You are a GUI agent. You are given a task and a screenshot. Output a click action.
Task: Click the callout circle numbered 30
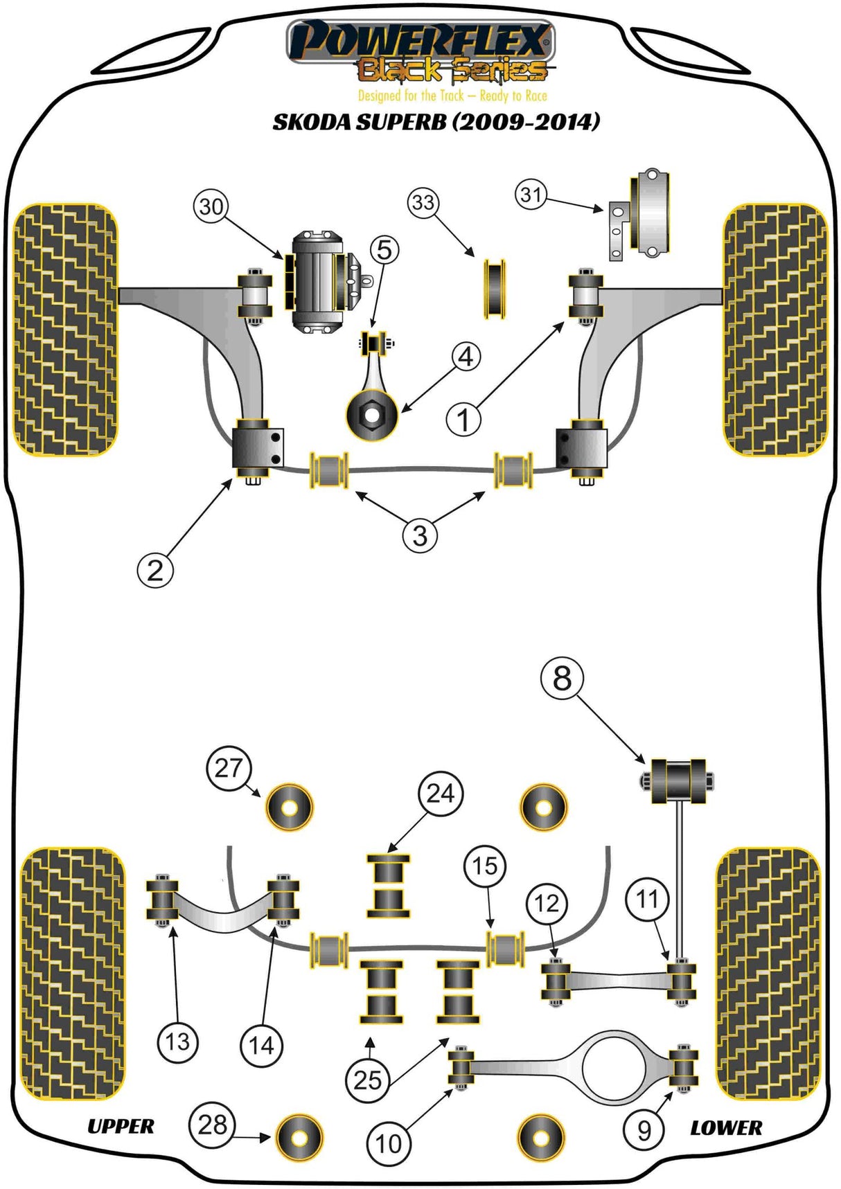tap(211, 206)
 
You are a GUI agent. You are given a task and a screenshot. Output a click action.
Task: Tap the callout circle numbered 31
tap(531, 195)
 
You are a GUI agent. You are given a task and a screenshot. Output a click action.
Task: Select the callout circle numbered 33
tap(423, 203)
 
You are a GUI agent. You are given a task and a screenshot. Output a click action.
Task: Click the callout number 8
tap(562, 678)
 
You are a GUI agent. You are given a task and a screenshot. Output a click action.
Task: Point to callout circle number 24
tap(441, 793)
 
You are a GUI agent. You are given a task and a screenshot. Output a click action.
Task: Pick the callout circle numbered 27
tap(228, 768)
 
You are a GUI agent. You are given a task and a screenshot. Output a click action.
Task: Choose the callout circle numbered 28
tap(212, 1125)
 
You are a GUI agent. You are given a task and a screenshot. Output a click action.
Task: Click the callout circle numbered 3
tap(420, 535)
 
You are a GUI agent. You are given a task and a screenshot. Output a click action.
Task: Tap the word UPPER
tap(121, 1127)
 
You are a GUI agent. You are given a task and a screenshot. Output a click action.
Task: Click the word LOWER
tap(725, 1128)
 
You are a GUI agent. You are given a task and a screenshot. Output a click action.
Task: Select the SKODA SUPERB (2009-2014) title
tap(436, 122)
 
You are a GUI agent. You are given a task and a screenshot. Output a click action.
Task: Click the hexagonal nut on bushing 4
tap(373, 415)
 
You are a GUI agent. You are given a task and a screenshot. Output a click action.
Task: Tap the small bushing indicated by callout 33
tap(495, 289)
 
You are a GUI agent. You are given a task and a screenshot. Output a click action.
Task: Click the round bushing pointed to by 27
tap(290, 807)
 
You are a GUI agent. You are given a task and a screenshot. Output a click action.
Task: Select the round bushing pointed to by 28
tap(300, 1137)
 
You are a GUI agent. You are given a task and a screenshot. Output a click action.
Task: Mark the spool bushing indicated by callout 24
tap(388, 886)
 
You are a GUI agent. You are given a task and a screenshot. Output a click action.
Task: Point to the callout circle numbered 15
tap(485, 866)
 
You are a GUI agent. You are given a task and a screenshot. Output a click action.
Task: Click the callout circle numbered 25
tap(368, 1080)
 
